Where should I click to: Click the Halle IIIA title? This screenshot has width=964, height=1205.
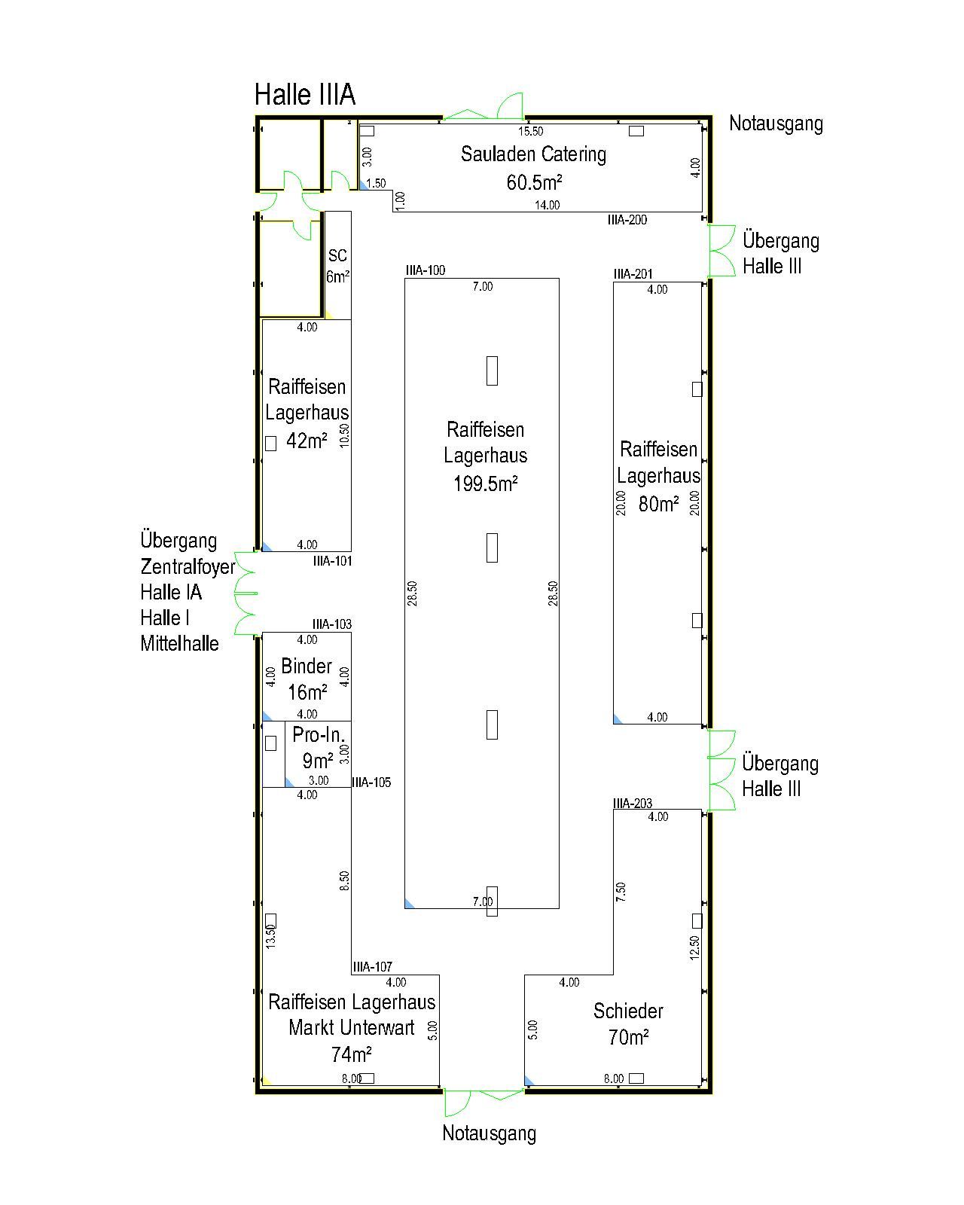coord(305,94)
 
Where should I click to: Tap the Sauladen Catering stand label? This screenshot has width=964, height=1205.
coord(533,154)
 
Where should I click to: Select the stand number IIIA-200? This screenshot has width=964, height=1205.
coord(627,220)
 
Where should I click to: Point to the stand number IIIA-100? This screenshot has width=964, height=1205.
coord(426,270)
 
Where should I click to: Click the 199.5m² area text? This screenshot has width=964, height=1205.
coord(485,484)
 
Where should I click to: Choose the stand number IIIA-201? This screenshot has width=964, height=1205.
coord(633,274)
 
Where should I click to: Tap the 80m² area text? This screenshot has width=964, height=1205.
coord(658,504)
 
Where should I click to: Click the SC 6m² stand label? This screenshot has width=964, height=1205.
coord(337,266)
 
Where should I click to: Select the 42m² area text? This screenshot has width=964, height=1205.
coord(307,441)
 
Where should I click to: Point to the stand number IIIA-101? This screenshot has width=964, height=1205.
coord(332,561)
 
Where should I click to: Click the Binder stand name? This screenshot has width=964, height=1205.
coord(307,666)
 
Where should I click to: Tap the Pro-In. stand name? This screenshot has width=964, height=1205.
coord(319,734)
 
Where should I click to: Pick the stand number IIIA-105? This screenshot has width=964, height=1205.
coord(371,782)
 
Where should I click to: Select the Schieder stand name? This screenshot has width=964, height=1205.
coord(628,1011)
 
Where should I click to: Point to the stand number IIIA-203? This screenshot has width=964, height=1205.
coord(633,804)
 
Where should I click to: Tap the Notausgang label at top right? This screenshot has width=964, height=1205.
coord(776,124)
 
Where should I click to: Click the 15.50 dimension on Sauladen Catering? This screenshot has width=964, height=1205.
coord(530,132)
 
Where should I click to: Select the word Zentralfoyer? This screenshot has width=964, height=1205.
coord(188,566)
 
